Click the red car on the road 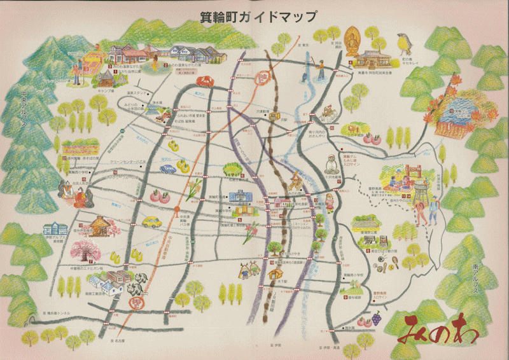point(205,81)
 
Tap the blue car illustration point(167,169)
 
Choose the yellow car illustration point(152,222)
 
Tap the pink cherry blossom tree point(89,251)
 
